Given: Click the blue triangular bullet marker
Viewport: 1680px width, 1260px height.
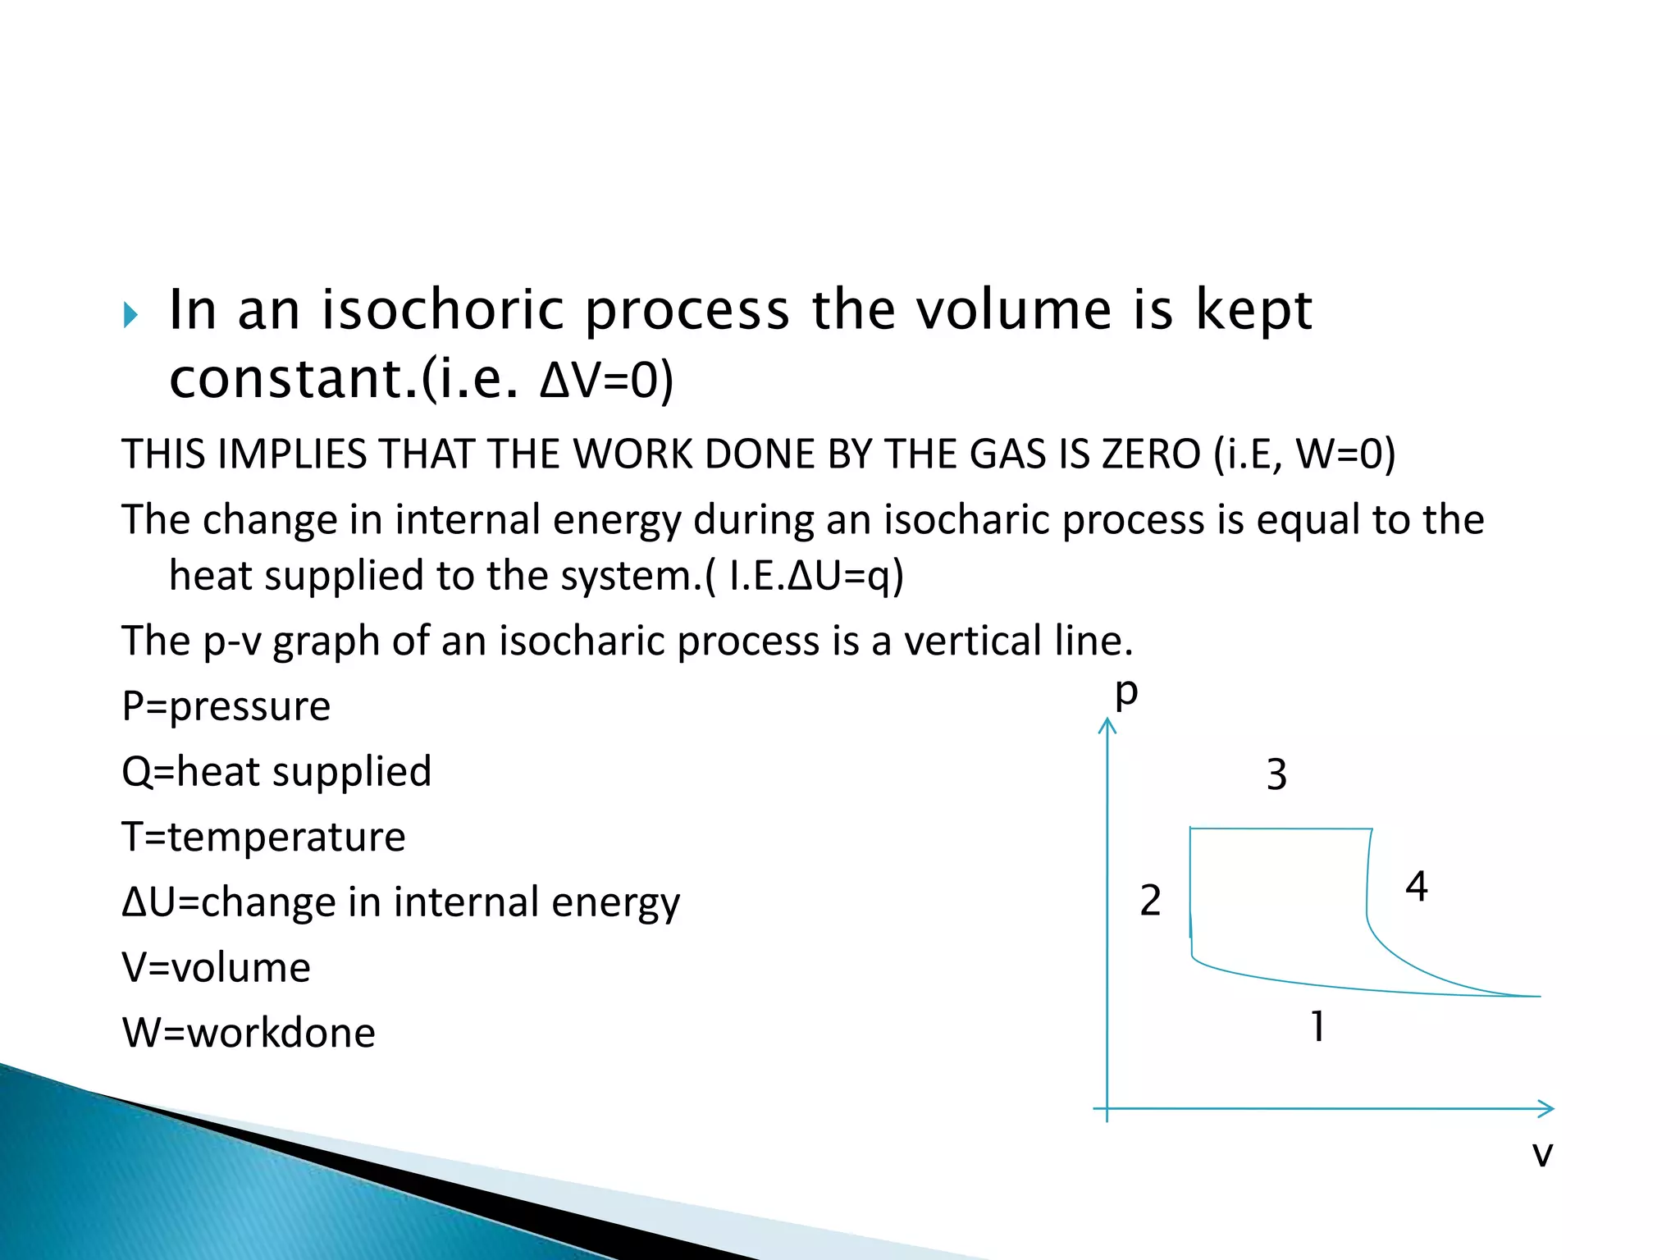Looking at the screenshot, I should pyautogui.click(x=130, y=314).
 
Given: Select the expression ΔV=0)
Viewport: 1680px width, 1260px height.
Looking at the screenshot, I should pyautogui.click(x=606, y=380).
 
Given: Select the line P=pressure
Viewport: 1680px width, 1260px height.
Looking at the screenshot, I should pyautogui.click(x=226, y=706).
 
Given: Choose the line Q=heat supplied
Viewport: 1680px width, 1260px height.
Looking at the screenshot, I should pyautogui.click(x=276, y=772).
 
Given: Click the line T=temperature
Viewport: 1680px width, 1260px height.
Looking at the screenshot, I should pyautogui.click(x=263, y=837).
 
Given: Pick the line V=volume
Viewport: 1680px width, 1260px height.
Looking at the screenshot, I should pyautogui.click(x=217, y=968).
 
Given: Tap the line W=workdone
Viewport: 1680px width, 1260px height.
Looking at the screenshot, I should pyautogui.click(x=249, y=1033).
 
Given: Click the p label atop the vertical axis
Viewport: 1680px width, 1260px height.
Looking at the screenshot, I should pyautogui.click(x=1126, y=693).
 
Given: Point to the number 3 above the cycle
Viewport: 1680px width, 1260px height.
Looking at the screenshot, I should pyautogui.click(x=1276, y=774).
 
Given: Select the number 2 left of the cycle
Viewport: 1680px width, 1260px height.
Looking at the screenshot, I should pyautogui.click(x=1150, y=901).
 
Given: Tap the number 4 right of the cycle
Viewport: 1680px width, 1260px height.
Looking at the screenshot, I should pyautogui.click(x=1417, y=887).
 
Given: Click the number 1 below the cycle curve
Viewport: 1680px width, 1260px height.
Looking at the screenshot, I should pyautogui.click(x=1317, y=1026).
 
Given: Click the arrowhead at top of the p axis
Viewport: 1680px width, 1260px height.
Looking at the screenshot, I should pyautogui.click(x=1107, y=724).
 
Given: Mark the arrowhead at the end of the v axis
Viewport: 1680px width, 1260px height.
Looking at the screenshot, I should pyautogui.click(x=1547, y=1109).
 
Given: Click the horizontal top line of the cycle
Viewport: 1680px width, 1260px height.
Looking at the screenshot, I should pyautogui.click(x=1280, y=829).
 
